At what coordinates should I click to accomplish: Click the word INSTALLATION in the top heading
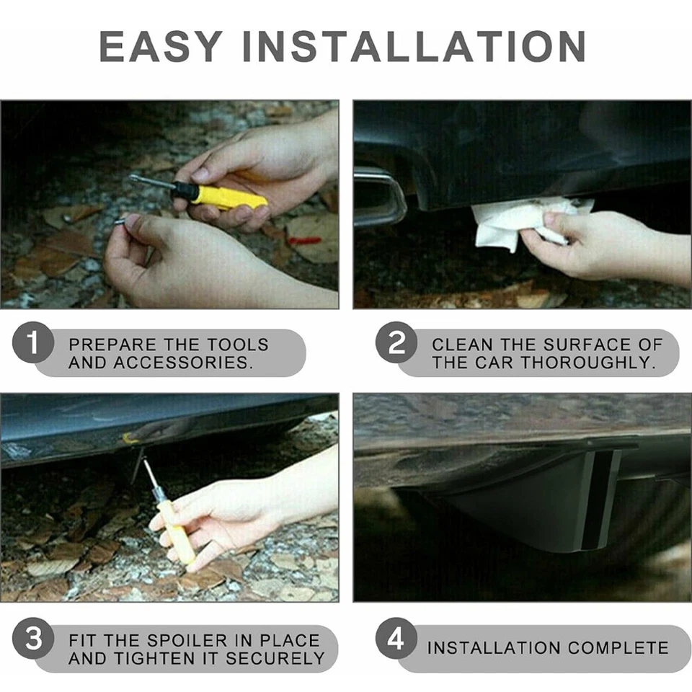point(413,46)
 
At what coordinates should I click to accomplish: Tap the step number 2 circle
point(397,342)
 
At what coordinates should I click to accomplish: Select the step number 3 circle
point(34,639)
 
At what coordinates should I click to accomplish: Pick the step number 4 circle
point(397,639)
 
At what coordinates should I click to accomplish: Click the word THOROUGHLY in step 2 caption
point(587,363)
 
